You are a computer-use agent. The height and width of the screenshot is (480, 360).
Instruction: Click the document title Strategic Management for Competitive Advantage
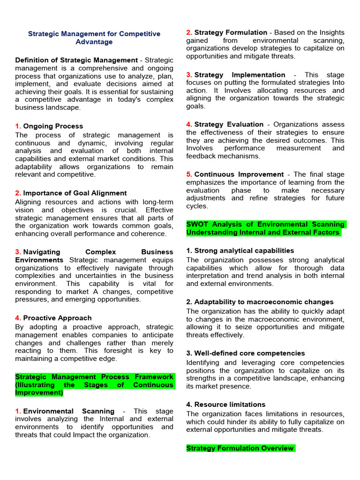point(94,38)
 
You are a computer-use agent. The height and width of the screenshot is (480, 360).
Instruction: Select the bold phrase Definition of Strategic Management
point(76,60)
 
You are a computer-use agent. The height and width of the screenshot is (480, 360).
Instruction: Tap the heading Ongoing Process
point(53,126)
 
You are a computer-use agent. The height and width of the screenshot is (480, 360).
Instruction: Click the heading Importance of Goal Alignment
point(75,193)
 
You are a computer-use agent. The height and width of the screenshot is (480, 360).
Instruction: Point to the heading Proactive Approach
point(57,318)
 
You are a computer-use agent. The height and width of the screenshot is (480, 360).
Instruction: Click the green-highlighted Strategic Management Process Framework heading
point(94,384)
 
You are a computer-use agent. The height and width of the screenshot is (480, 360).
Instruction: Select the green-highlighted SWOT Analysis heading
point(265,228)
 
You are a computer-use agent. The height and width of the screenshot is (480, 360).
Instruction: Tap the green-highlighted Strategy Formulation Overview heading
point(240,448)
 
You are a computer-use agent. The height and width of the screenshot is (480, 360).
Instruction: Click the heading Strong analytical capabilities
point(244,250)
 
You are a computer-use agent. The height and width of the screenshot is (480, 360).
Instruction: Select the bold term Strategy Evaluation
point(229,124)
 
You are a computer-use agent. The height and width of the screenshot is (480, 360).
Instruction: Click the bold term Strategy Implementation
point(240,75)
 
